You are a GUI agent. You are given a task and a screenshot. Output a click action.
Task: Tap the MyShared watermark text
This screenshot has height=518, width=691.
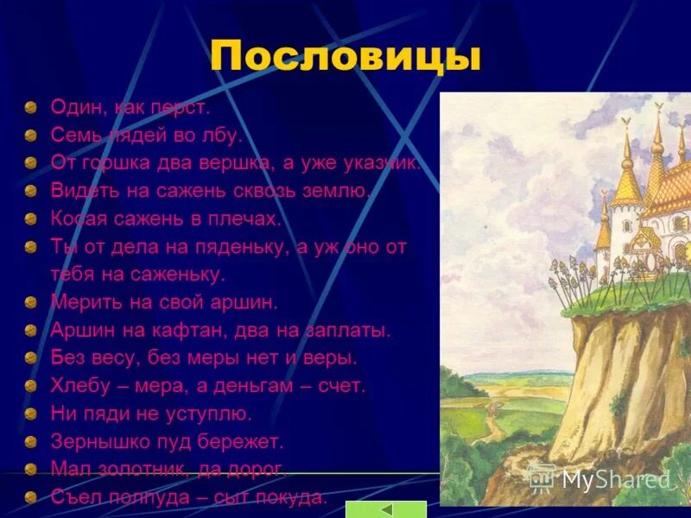[615, 479]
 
